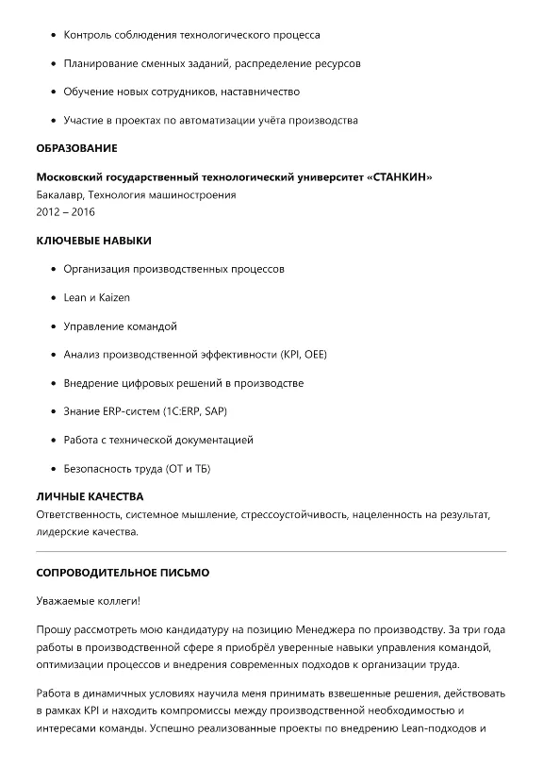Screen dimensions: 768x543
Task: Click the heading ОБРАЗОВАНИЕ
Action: (x=76, y=148)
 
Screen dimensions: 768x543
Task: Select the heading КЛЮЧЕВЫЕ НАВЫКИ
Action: (x=93, y=241)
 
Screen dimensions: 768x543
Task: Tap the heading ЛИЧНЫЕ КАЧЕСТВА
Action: (x=90, y=496)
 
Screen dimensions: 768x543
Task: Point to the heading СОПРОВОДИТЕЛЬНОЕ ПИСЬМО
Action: (x=123, y=573)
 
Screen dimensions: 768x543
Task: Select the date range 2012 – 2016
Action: (x=65, y=212)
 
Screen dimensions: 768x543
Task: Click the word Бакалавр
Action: (x=59, y=195)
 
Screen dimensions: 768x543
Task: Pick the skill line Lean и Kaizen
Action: (x=96, y=297)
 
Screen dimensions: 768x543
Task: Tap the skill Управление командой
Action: (x=120, y=326)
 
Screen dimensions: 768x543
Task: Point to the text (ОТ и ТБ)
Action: (x=187, y=468)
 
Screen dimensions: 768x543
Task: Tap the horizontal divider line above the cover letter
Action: (x=271, y=551)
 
